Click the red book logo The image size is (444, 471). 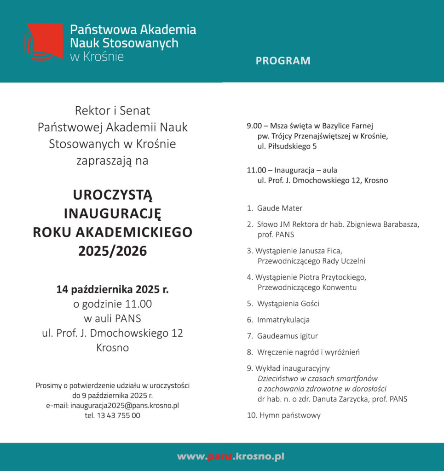click(44, 42)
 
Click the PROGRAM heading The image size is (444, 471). click(283, 61)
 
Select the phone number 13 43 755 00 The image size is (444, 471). click(119, 415)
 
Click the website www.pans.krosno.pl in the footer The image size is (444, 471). click(231, 456)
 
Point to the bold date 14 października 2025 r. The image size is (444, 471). click(113, 290)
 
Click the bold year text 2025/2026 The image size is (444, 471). click(113, 251)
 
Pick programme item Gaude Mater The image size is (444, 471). click(279, 208)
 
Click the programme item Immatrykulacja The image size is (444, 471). click(283, 320)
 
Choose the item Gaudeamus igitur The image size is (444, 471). click(287, 336)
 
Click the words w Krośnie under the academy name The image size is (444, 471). click(97, 57)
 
